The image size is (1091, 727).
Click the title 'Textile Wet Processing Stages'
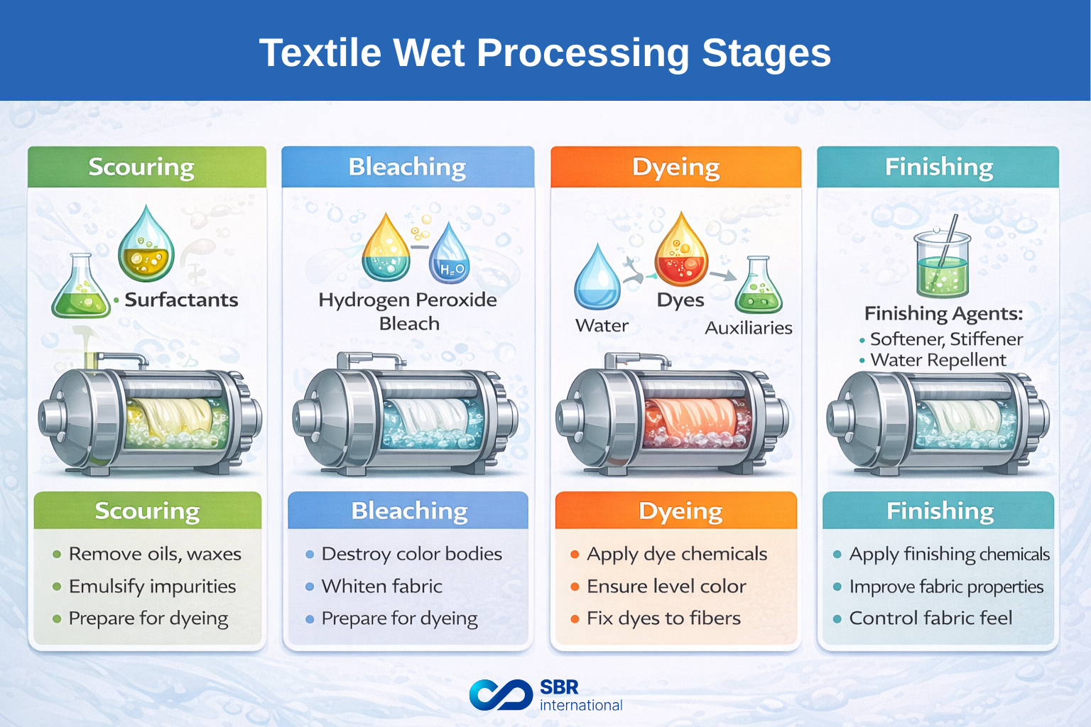click(545, 53)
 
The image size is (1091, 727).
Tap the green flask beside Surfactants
click(79, 288)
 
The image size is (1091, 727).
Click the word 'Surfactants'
click(181, 300)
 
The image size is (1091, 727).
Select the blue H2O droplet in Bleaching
click(449, 256)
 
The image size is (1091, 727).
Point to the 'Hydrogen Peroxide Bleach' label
click(408, 311)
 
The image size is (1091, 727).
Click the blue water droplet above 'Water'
click(597, 278)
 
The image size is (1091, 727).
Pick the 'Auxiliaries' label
click(748, 328)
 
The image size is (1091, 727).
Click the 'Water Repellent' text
click(938, 360)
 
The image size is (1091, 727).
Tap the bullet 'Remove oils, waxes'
click(154, 554)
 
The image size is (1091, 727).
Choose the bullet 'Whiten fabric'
click(381, 586)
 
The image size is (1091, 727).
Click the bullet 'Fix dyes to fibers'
click(663, 618)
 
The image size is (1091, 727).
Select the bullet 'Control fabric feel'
click(930, 618)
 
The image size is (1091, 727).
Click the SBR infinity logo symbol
click(501, 694)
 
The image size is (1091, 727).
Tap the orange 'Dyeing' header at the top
click(675, 168)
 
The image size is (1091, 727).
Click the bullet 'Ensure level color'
click(666, 586)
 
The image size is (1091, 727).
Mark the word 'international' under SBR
click(580, 705)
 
